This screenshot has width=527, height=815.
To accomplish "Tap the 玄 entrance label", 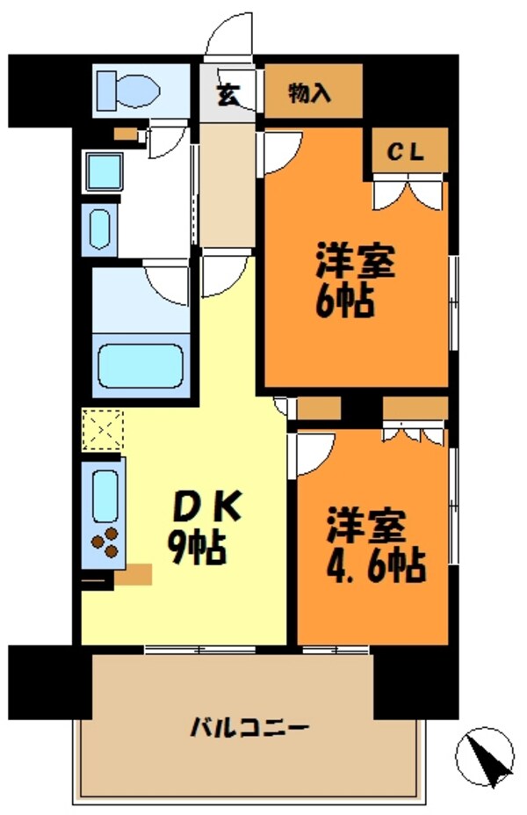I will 227,94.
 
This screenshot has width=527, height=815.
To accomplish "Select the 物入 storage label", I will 310,92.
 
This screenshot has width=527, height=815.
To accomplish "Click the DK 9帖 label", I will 201,528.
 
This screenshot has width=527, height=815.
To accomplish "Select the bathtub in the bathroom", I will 143,366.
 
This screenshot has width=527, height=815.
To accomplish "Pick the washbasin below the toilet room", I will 98,229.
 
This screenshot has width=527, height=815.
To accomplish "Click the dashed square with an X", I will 103,431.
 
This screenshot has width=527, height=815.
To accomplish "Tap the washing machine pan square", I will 105,171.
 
